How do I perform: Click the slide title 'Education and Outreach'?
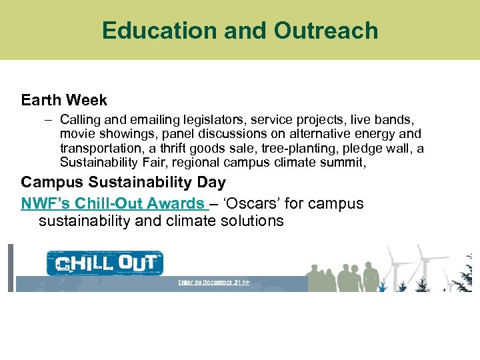(240, 31)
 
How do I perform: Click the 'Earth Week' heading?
(64, 101)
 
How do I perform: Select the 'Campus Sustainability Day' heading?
(123, 183)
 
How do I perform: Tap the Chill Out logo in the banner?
(105, 263)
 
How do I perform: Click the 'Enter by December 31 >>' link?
(213, 283)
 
